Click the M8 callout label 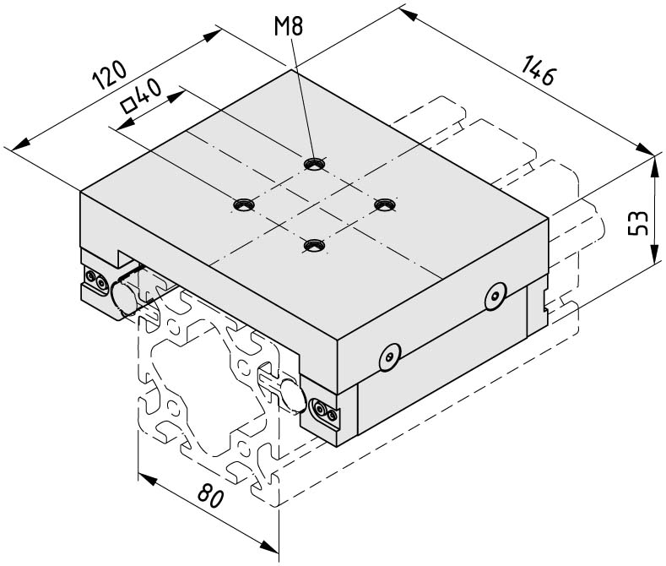[289, 26]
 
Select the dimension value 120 [110, 75]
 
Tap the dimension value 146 [538, 69]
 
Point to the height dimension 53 [638, 223]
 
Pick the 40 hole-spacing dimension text [149, 93]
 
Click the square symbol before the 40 [127, 106]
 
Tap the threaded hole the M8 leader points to [315, 164]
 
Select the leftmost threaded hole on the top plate [244, 204]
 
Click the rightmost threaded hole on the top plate [385, 204]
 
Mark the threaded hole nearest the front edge [314, 246]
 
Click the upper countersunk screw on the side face [495, 297]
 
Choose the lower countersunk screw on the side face [390, 357]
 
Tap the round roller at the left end [123, 297]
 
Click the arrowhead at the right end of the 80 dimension [268, 546]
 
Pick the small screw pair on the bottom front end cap [326, 411]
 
